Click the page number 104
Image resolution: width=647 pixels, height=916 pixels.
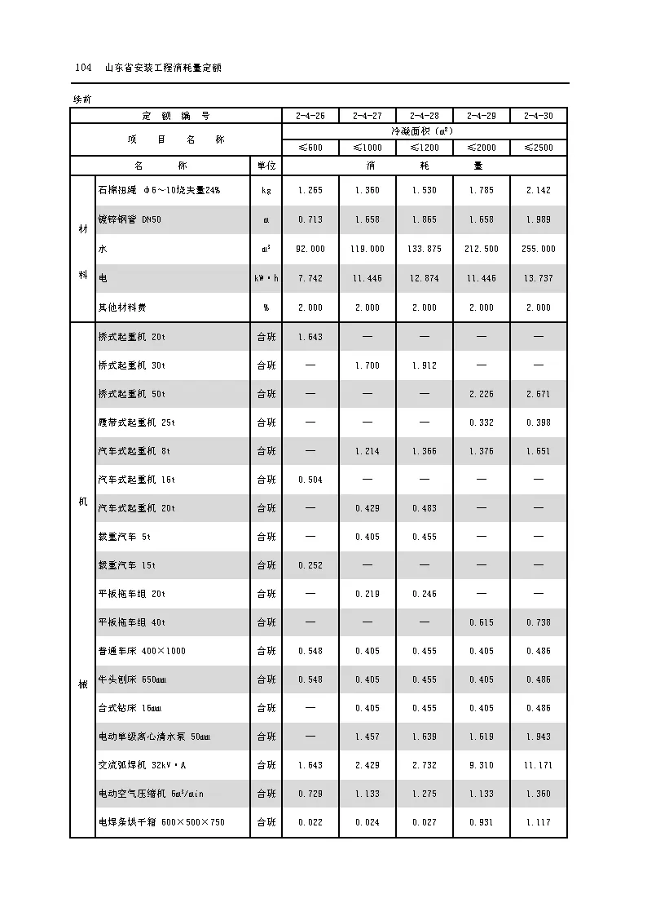point(81,69)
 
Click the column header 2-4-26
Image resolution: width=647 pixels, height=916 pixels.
point(310,116)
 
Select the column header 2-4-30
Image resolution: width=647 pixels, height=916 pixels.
point(539,116)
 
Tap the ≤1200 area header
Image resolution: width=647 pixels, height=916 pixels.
point(425,148)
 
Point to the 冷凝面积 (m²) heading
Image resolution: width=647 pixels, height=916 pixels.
point(425,131)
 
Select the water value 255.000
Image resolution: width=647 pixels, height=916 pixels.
point(539,249)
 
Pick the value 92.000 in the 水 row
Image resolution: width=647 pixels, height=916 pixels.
point(310,249)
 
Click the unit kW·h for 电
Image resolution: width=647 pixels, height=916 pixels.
point(266,278)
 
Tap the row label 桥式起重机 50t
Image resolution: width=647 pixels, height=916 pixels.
point(132,394)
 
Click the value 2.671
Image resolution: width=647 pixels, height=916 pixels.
point(539,394)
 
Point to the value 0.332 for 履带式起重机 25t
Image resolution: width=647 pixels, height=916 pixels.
point(482,423)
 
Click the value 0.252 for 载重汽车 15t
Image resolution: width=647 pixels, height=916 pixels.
point(310,565)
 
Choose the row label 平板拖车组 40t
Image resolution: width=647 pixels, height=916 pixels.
point(132,622)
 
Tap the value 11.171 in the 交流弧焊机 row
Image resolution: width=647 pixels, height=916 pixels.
point(539,765)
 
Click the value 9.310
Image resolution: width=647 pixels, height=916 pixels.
point(482,765)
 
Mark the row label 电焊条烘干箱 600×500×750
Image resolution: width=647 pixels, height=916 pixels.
point(161,822)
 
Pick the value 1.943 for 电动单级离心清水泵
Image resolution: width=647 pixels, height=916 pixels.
point(539,737)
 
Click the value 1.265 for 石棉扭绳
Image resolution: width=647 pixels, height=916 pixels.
point(310,190)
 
